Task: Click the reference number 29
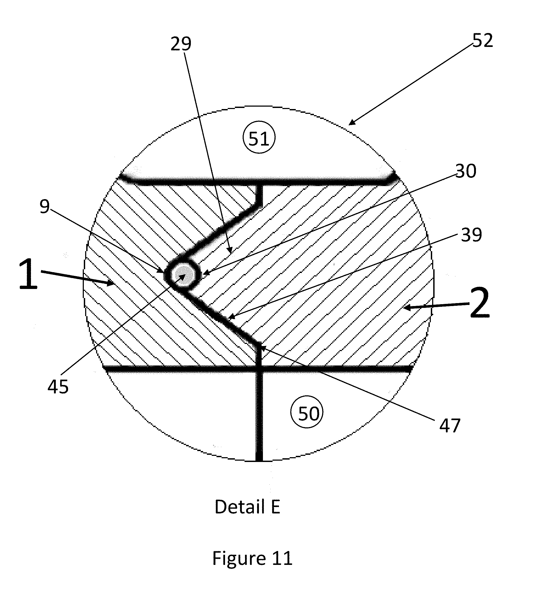(x=181, y=44)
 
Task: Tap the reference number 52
(x=482, y=41)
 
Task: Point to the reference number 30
(x=466, y=171)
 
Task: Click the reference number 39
(x=471, y=235)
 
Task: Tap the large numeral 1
(x=28, y=274)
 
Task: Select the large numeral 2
(x=479, y=303)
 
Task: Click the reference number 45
(x=58, y=387)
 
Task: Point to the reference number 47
(x=450, y=425)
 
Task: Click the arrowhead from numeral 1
(x=113, y=284)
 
